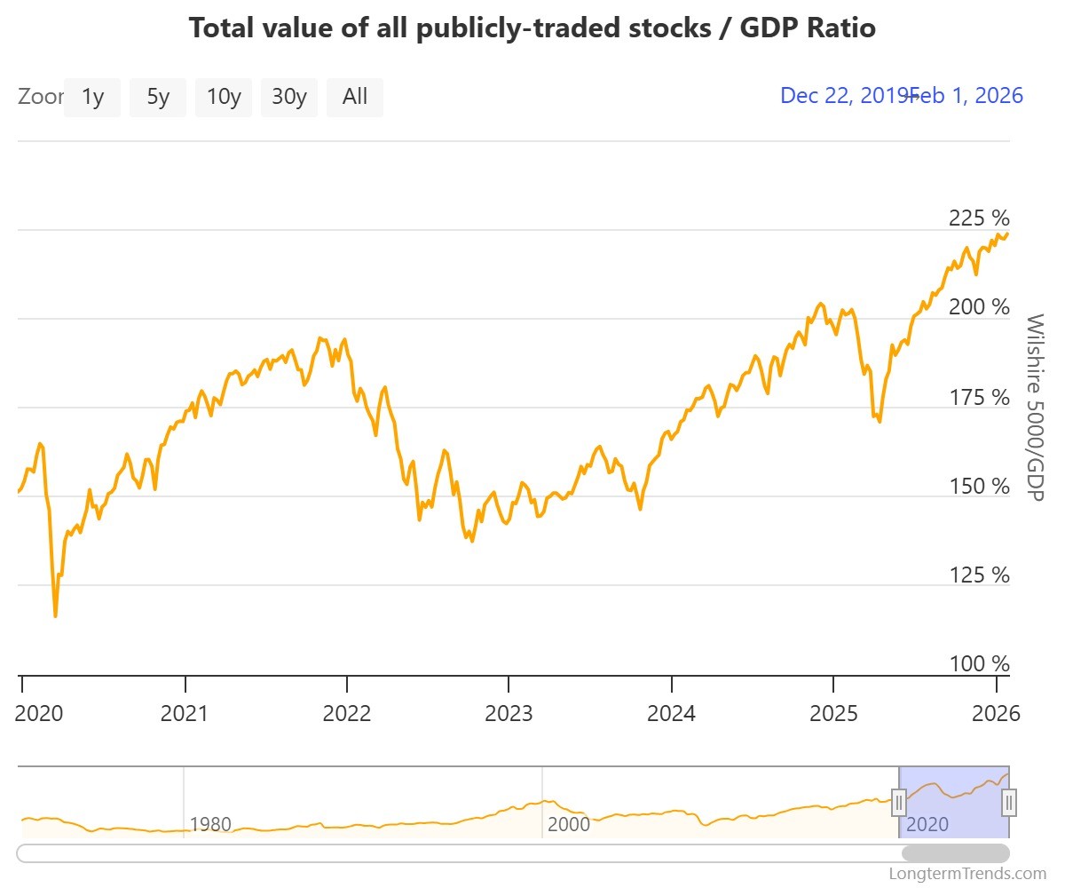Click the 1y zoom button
click(x=92, y=97)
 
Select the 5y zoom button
click(x=158, y=97)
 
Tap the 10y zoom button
click(x=224, y=97)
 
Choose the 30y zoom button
click(x=289, y=97)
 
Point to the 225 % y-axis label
click(x=980, y=218)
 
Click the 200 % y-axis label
click(x=980, y=307)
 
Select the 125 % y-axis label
click(x=980, y=575)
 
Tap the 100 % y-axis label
click(x=980, y=664)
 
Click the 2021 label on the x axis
click(x=184, y=713)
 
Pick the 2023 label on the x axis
click(x=509, y=713)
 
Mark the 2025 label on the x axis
click(x=832, y=713)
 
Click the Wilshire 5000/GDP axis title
click(x=1035, y=407)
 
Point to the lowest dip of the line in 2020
click(x=55, y=615)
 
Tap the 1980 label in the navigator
click(x=210, y=824)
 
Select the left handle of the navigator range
click(x=899, y=803)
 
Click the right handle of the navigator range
click(x=1009, y=803)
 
